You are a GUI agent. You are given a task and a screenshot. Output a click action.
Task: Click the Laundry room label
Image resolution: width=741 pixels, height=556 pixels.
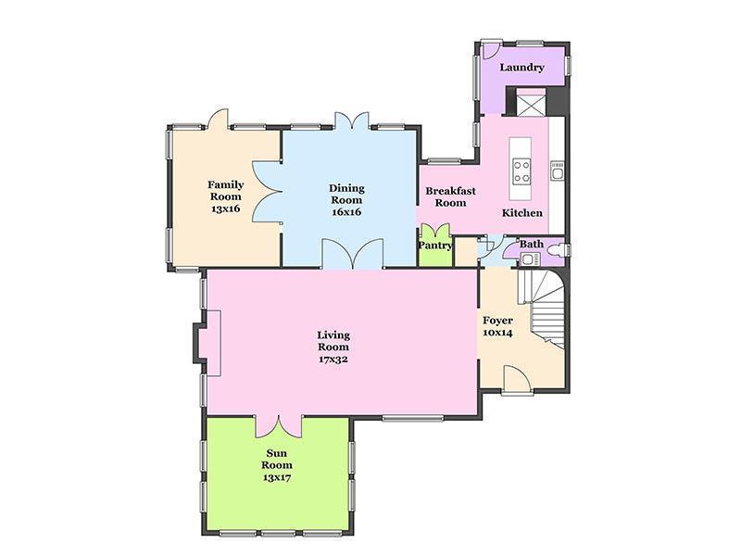521,68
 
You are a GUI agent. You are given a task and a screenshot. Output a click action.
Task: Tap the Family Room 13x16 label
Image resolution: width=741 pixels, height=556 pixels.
226,196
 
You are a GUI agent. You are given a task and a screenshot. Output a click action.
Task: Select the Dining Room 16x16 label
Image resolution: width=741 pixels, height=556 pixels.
346,200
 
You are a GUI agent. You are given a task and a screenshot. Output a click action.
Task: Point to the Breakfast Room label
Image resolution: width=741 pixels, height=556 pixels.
450,197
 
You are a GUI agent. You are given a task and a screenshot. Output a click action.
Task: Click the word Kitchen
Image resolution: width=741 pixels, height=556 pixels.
522,213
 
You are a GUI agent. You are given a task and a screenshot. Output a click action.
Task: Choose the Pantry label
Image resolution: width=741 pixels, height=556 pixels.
435,246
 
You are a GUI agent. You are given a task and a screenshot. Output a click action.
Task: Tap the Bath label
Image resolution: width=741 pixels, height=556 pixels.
532,245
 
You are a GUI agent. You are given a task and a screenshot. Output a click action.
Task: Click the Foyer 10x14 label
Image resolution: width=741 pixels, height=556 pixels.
497,326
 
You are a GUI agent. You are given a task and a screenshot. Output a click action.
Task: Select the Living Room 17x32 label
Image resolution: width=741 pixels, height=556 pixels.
333,347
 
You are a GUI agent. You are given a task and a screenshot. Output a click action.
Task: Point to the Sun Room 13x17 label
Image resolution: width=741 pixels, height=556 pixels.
277,465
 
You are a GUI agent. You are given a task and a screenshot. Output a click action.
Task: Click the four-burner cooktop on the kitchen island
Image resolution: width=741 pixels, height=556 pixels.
522,171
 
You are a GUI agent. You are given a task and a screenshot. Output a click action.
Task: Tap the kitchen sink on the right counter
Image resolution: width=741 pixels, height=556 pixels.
558,171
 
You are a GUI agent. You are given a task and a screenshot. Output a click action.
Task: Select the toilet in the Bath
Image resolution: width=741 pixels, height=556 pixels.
562,249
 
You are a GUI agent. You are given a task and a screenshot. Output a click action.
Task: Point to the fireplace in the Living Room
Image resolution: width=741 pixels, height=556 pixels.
207,343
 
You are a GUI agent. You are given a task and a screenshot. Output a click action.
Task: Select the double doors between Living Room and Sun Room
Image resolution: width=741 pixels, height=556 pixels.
279,426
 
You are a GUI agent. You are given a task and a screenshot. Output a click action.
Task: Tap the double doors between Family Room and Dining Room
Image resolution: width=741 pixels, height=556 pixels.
268,192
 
